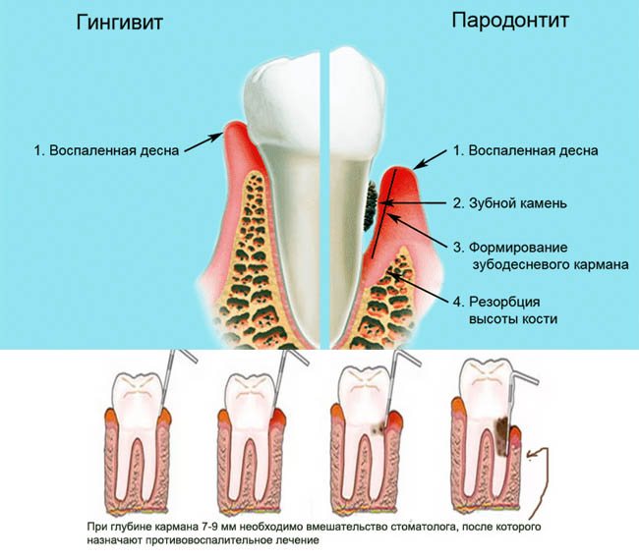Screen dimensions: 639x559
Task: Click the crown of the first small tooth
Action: tap(137, 394)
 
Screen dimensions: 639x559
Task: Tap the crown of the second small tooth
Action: tap(250, 394)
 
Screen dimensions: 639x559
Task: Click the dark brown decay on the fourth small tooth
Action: tap(502, 432)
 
